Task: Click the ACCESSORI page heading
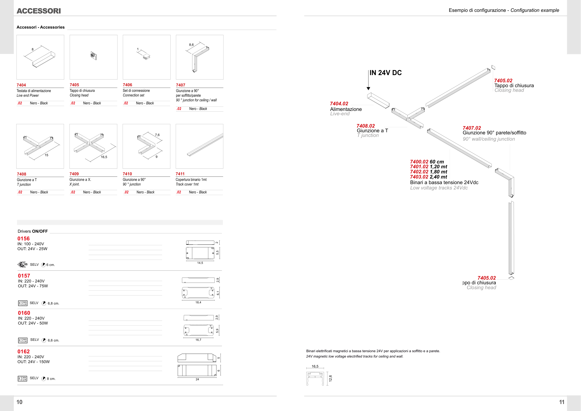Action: point(39,11)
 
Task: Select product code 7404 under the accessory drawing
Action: point(21,85)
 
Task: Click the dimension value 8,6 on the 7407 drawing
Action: point(191,45)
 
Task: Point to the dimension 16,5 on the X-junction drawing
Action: point(104,157)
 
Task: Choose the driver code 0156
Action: point(23,239)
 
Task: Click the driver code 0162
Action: point(23,351)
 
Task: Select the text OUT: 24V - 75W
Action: point(33,286)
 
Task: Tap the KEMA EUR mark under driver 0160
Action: point(23,340)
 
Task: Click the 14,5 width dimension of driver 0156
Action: point(200,263)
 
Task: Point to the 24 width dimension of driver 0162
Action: point(197,379)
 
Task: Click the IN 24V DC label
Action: point(386,73)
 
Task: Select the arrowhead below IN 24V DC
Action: point(368,89)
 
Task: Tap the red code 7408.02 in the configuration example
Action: point(366,126)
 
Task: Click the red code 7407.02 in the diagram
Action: point(472,128)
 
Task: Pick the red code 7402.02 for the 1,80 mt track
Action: point(419,172)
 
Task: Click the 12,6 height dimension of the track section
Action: point(330,378)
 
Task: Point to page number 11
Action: point(561,402)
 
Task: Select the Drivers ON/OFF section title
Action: point(33,231)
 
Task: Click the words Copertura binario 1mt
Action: point(191,180)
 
